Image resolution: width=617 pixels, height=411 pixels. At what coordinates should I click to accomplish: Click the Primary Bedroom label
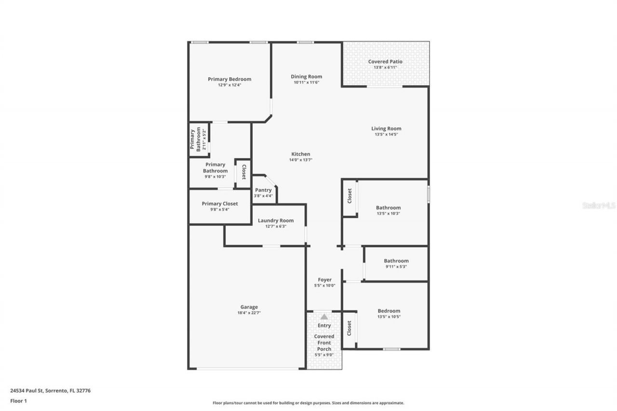tap(229, 79)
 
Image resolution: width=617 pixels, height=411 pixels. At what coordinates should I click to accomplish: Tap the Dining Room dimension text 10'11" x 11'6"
tap(307, 82)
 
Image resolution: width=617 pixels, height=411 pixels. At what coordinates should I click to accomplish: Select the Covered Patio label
tap(385, 62)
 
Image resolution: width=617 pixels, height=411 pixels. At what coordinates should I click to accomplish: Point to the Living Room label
tap(386, 129)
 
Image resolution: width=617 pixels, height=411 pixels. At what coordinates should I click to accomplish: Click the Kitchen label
tap(300, 154)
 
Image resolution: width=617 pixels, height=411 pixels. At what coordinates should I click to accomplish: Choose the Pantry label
tap(263, 190)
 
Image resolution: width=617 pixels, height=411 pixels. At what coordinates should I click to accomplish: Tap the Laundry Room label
tap(276, 221)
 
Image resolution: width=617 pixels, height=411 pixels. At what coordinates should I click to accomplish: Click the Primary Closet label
tap(220, 204)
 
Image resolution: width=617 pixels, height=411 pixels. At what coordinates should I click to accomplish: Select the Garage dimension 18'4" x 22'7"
tap(249, 313)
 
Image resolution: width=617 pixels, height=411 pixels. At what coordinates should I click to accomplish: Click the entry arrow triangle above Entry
tap(324, 317)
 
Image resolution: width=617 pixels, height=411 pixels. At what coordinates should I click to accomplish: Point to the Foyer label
tap(324, 280)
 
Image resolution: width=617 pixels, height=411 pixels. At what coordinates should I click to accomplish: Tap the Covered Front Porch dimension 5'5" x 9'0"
tap(324, 355)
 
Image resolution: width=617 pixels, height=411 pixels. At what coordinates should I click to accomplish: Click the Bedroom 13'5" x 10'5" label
tap(389, 311)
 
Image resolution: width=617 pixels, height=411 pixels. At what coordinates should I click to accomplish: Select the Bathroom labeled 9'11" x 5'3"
tap(396, 261)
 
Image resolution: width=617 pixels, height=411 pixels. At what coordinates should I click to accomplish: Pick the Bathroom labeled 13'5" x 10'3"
tap(389, 208)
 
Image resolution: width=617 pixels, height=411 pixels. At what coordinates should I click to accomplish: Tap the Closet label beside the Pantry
tap(244, 172)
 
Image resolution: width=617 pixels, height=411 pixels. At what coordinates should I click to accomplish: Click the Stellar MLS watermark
tap(599, 205)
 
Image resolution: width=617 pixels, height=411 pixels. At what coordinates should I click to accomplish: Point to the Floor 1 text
tap(18, 400)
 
